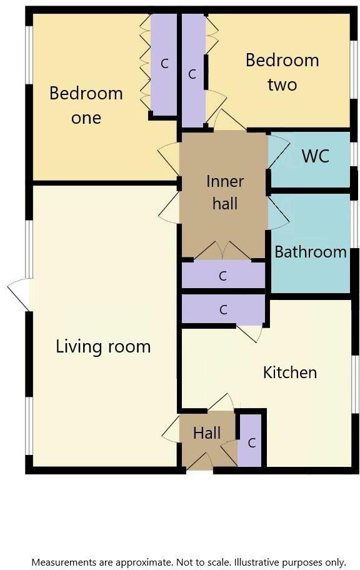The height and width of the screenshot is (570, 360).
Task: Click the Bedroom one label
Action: point(86,106)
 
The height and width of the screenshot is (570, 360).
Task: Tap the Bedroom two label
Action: point(282,72)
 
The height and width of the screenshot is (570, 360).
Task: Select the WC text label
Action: point(315,156)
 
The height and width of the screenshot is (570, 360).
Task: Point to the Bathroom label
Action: point(311,252)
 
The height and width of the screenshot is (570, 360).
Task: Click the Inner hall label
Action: point(225,192)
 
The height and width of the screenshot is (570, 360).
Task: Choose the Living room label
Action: point(103,346)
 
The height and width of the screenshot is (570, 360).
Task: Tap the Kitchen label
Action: point(290,372)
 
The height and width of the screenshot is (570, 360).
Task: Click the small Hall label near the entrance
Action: point(206,433)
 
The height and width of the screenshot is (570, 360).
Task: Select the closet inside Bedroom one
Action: point(164,63)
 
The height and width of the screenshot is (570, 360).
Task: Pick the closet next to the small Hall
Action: point(251,442)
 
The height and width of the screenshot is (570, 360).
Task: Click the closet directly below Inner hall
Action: point(223,276)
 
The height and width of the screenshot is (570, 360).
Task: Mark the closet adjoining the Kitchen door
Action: point(223,309)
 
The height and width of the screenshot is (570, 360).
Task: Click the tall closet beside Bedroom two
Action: point(192,73)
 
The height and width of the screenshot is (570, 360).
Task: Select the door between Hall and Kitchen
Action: point(221,402)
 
